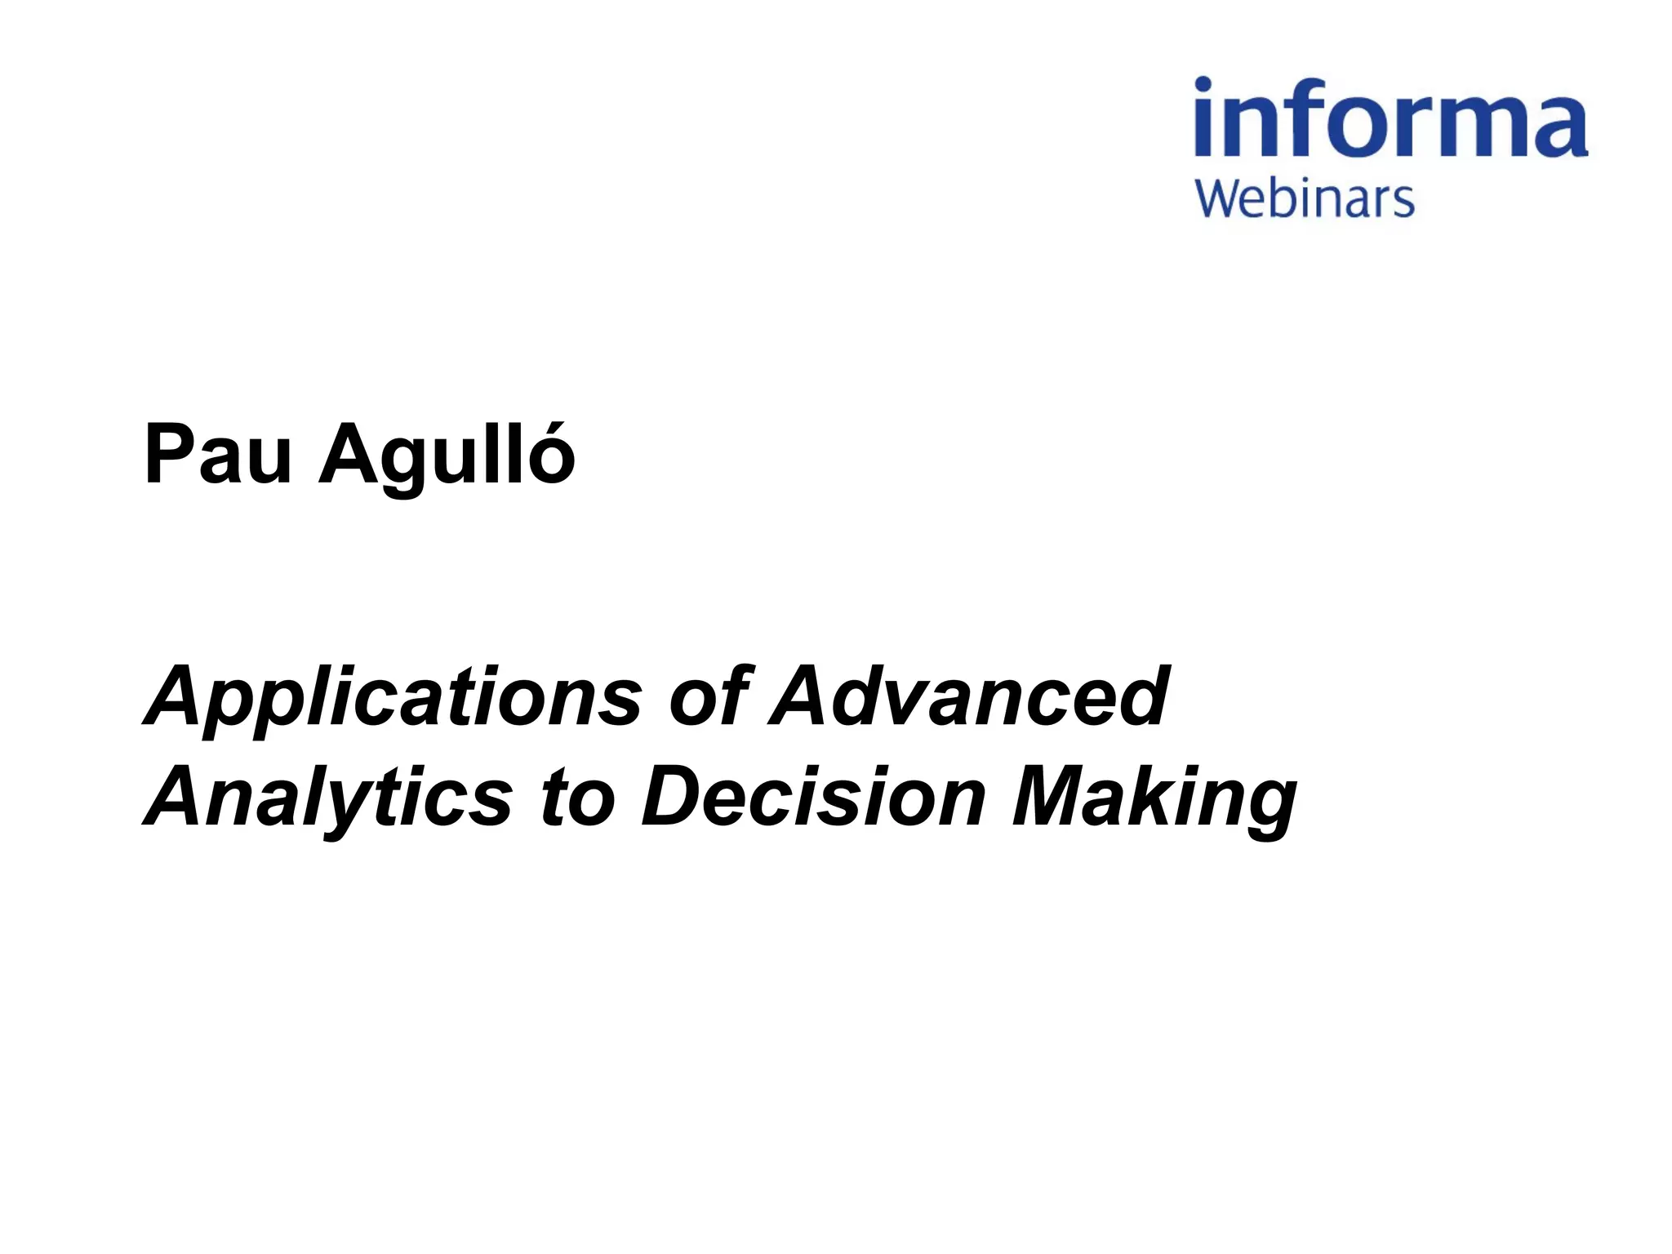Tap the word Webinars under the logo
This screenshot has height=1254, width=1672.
(1304, 200)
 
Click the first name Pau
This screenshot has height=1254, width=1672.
(217, 455)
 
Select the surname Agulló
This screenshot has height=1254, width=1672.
(447, 457)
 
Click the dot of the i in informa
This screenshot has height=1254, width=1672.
(1203, 84)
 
